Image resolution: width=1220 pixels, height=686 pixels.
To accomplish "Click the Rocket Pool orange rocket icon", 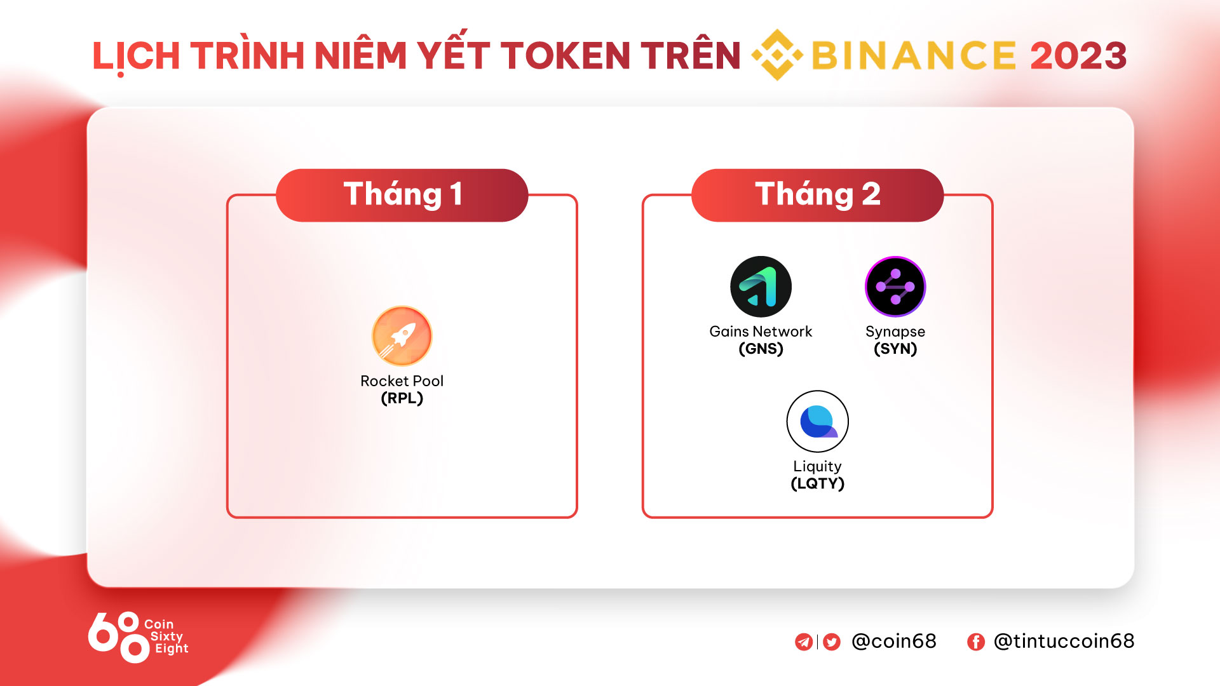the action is coord(402,336).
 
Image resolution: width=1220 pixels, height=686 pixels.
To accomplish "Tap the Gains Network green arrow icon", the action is coord(761,286).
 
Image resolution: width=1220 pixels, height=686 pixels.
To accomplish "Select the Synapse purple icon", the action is coord(895,286).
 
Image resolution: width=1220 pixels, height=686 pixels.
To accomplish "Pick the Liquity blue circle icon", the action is coord(817,421).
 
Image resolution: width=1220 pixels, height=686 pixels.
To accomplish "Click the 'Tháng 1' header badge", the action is coord(402,195).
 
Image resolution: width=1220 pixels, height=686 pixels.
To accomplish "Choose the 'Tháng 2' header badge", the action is coord(817,195).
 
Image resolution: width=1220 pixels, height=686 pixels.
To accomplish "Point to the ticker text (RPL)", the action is coord(402,398).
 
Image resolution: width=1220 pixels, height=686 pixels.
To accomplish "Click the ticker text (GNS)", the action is coord(761,349).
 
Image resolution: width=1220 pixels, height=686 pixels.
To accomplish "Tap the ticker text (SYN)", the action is coord(895,349).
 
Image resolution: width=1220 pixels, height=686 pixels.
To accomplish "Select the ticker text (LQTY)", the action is coord(817,483).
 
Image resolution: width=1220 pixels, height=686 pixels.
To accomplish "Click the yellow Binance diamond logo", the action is coord(777,55).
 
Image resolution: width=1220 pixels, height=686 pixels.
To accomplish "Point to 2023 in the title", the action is coord(1078,55).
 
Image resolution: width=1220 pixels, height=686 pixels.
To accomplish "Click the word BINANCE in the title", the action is coord(914,55).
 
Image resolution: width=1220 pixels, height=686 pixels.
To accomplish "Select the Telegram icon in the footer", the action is coord(804,642).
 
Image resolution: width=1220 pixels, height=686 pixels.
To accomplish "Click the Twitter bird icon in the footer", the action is coord(832,642).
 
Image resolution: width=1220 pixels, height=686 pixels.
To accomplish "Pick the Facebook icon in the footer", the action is coord(976,642).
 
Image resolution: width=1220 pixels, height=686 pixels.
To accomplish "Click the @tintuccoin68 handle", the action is coord(1064,641).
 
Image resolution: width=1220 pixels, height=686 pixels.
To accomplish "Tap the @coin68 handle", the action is coord(893,641).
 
